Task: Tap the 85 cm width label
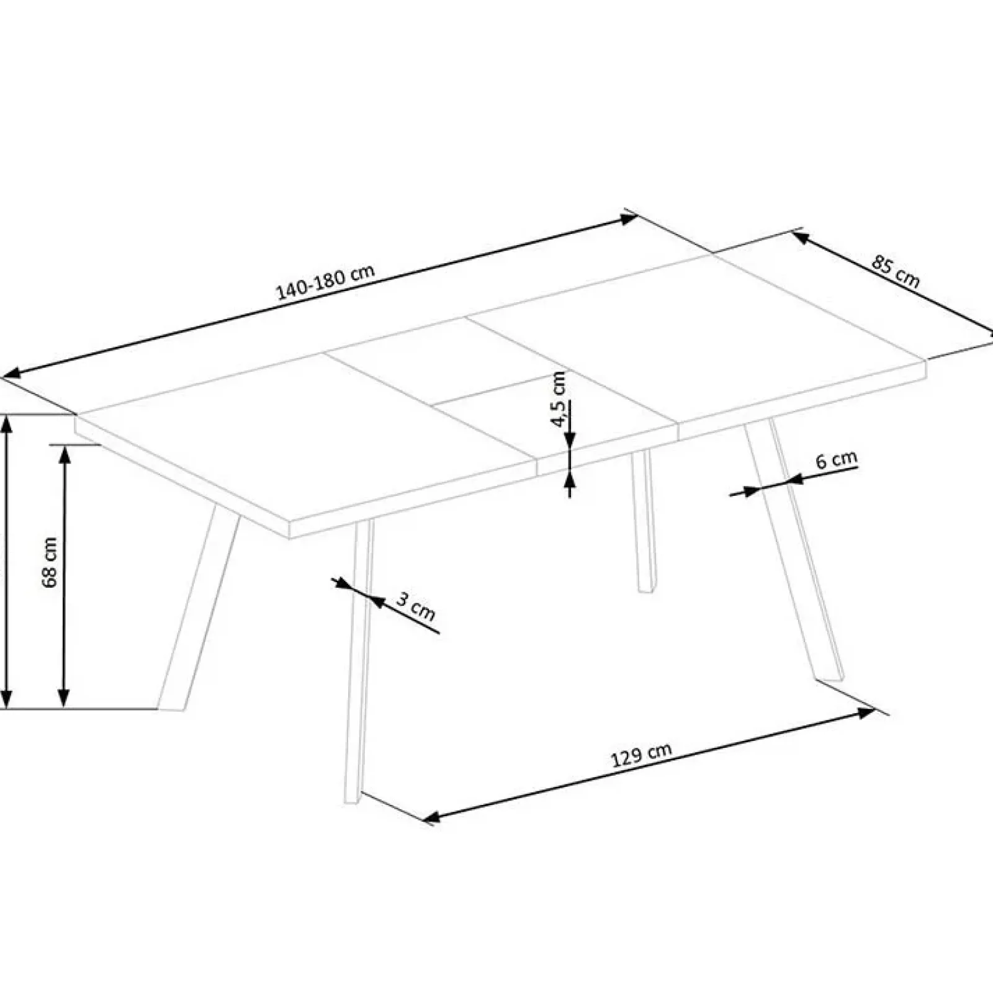pos(895,272)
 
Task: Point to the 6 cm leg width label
pos(836,461)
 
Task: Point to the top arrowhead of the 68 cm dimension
pos(64,454)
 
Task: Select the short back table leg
pos(642,521)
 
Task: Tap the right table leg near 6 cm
pos(794,552)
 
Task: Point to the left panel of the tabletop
pos(298,434)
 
